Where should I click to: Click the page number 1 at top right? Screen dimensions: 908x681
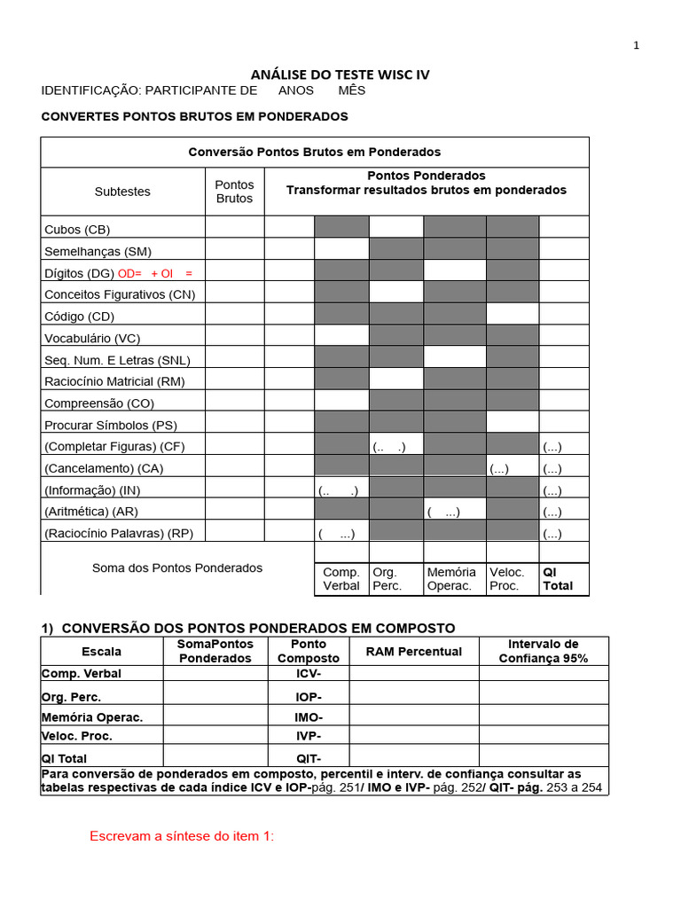[x=636, y=46]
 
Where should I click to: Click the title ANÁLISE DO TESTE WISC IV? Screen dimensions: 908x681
[x=340, y=74]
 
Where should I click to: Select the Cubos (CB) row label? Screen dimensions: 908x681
[x=77, y=229]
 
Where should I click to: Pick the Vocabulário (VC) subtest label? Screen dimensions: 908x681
[x=92, y=338]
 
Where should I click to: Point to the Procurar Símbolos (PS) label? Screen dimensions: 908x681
[x=111, y=425]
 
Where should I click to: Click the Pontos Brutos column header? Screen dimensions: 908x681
[x=234, y=192]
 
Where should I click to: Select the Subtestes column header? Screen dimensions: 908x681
[x=122, y=192]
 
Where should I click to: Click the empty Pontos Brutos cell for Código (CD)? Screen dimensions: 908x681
[x=234, y=316]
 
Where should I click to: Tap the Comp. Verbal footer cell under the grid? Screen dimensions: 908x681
[x=341, y=579]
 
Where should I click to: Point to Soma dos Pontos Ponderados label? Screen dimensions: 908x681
[x=177, y=567]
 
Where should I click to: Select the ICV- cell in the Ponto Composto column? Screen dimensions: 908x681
[x=308, y=674]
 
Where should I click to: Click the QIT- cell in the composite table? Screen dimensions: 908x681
[x=308, y=758]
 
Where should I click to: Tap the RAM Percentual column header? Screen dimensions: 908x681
[x=414, y=652]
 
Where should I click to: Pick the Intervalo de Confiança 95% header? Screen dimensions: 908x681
[x=543, y=651]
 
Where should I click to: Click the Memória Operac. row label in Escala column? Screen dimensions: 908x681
[x=91, y=717]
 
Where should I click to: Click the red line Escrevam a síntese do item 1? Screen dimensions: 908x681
[x=182, y=836]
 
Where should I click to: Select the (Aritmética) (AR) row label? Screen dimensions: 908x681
[x=91, y=512]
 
